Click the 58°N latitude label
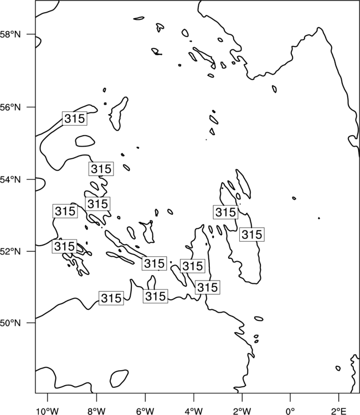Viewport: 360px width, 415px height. pos(10,34)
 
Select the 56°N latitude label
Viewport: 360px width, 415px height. pos(10,107)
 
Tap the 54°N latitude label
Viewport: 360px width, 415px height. pos(10,180)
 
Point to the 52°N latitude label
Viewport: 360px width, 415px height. pos(10,251)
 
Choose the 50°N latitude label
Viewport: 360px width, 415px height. pos(10,323)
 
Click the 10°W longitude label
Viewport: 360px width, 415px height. pos(48,411)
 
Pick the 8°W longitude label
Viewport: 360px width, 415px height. pos(96,411)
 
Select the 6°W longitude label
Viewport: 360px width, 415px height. pos(145,411)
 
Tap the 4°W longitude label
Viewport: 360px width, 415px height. pos(194,411)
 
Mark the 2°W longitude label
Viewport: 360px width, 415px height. pos(242,411)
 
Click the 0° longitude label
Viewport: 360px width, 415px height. pos(290,411)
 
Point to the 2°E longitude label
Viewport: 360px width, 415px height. pos(338,411)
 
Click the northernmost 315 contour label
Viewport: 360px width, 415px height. pos(75,118)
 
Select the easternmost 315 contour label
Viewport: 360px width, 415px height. pos(252,234)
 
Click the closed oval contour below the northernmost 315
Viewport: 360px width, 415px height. pos(85,141)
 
